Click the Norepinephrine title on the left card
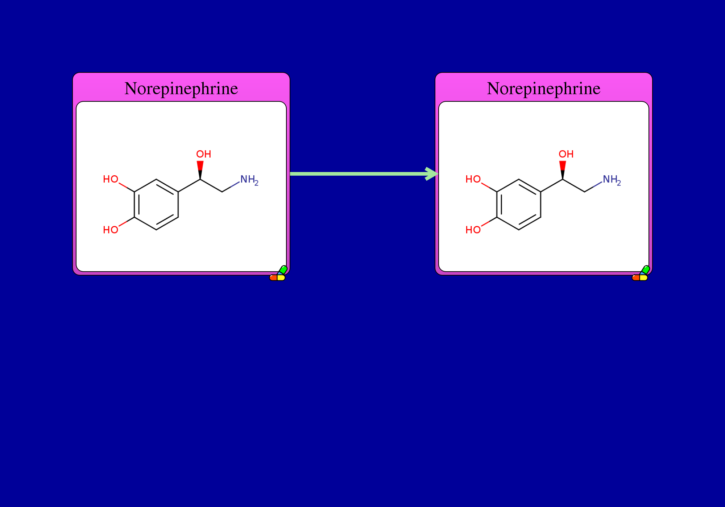click(x=181, y=89)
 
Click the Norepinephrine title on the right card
click(x=544, y=89)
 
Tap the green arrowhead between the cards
click(x=431, y=174)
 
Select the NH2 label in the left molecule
click(x=249, y=180)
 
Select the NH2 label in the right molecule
click(x=612, y=180)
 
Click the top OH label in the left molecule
click(x=204, y=154)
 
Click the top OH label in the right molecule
click(x=566, y=154)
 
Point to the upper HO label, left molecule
click(x=111, y=179)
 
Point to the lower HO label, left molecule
click(x=111, y=230)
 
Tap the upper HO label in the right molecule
click(x=473, y=179)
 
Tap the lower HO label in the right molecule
click(x=473, y=230)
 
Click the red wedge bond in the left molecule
click(x=200, y=170)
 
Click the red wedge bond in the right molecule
click(x=563, y=170)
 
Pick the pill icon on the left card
click(x=278, y=273)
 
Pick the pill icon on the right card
click(x=641, y=273)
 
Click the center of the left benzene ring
click(x=156, y=205)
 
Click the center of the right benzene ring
click(x=519, y=205)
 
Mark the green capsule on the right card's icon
click(x=646, y=270)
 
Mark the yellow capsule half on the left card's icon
click(x=281, y=278)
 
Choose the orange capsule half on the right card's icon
click(x=636, y=278)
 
